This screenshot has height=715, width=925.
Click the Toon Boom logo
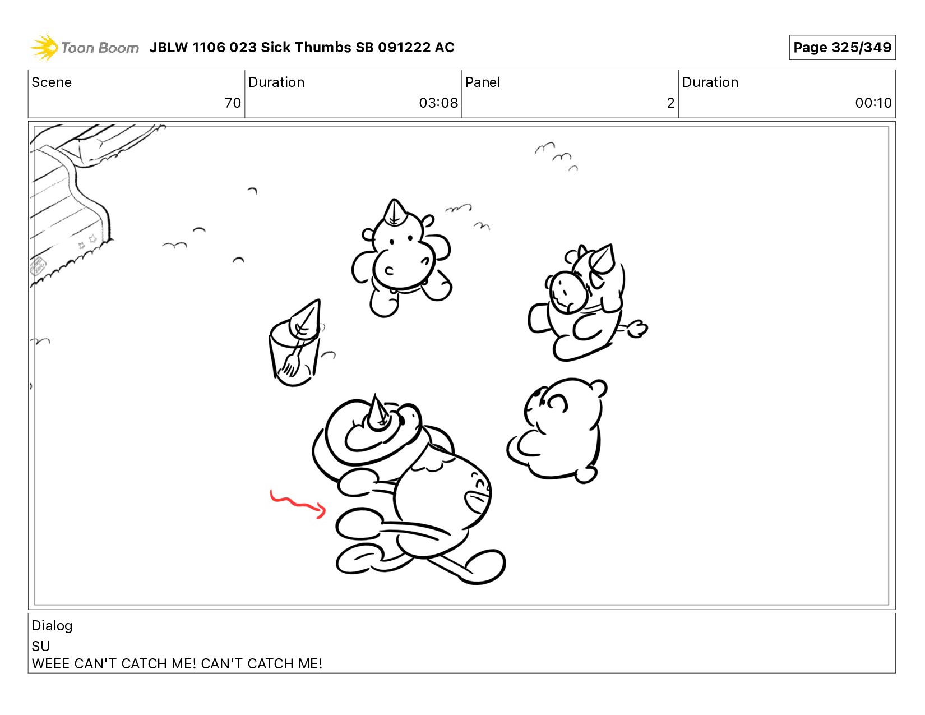pyautogui.click(x=84, y=47)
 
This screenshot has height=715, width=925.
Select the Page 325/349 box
pyautogui.click(x=841, y=47)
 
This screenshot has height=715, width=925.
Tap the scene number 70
pyautogui.click(x=233, y=103)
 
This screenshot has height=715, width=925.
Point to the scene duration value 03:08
pyautogui.click(x=438, y=103)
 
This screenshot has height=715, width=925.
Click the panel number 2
pyautogui.click(x=670, y=103)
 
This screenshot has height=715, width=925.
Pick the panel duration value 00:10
pyautogui.click(x=873, y=103)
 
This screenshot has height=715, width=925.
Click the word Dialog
pyautogui.click(x=52, y=626)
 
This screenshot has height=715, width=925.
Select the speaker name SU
pyautogui.click(x=41, y=646)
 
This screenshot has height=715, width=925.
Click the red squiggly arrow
pyautogui.click(x=297, y=504)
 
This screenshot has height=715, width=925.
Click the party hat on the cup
pyautogui.click(x=305, y=320)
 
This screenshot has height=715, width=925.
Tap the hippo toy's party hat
pyautogui.click(x=394, y=213)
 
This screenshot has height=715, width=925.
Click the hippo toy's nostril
pyautogui.click(x=389, y=270)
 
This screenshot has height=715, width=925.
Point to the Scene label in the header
pyautogui.click(x=52, y=82)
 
